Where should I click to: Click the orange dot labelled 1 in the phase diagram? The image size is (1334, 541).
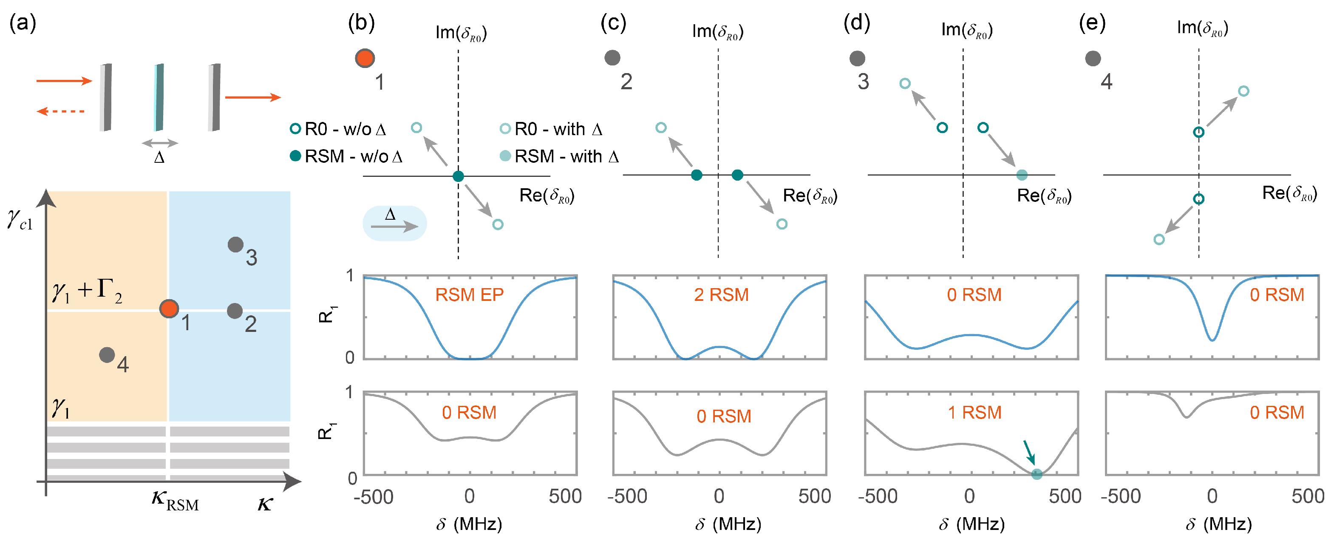169,309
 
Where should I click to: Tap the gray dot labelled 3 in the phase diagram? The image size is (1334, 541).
235,244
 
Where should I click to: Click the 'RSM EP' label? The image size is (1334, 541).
469,295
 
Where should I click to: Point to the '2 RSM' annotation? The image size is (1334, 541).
721,295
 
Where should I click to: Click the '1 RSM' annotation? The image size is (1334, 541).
974,412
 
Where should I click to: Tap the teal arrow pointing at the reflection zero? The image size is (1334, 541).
1028,452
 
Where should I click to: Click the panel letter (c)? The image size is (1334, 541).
613,23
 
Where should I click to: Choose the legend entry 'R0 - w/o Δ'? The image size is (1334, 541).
339,129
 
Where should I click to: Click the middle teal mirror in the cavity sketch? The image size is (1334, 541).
159,97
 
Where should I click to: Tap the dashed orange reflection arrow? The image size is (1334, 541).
61,111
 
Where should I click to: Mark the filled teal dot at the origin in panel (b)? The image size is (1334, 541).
458,176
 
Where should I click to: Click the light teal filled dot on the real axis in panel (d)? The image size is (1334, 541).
1022,175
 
